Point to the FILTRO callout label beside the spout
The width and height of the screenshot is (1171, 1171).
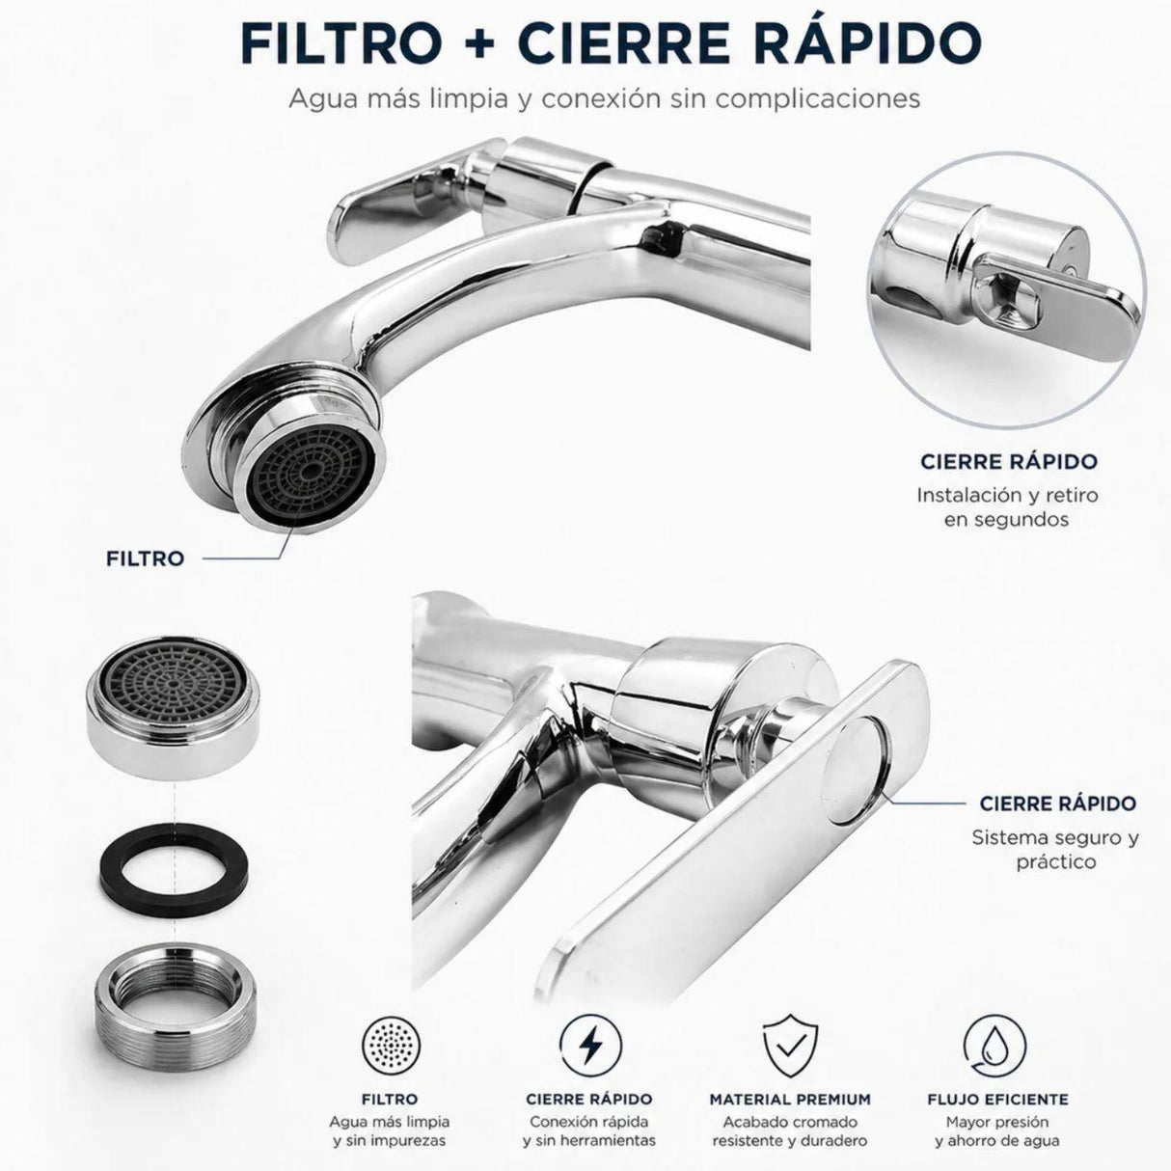click(x=145, y=558)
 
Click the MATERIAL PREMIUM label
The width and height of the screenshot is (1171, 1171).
click(x=790, y=1099)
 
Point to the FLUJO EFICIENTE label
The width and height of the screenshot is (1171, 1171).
click(x=997, y=1099)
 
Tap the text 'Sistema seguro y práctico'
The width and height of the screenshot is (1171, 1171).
click(x=1055, y=849)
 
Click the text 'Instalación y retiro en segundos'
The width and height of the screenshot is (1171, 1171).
click(x=1007, y=506)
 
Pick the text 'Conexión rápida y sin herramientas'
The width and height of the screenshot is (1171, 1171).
click(x=589, y=1131)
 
